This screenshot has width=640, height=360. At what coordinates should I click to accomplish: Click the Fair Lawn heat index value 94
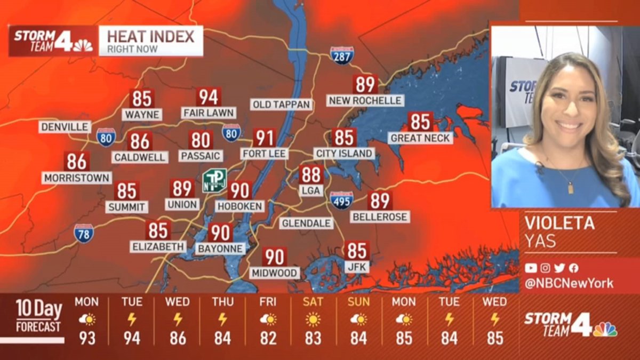209,97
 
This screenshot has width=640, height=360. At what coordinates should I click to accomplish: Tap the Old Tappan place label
281,105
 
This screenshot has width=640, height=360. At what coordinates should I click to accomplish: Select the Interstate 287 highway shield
341,55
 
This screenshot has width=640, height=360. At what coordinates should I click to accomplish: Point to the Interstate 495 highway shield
341,201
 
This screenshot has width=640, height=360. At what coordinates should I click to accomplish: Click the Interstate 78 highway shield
84,233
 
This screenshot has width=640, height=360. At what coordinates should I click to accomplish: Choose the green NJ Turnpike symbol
214,180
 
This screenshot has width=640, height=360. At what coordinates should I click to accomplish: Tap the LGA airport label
311,190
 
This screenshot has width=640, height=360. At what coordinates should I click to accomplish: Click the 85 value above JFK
357,250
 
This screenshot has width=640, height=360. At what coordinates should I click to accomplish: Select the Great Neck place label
421,138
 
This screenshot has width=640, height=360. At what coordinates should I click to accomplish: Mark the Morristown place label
77,178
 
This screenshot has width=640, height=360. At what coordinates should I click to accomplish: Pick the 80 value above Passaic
201,140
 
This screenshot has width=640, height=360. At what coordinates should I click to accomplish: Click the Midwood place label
275,273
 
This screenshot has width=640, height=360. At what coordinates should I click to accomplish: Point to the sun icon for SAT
313,319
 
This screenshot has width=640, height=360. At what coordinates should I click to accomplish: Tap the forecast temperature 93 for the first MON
86,338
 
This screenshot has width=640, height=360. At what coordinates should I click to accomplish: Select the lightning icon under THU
222,319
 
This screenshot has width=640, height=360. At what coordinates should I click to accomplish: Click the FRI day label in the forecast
268,302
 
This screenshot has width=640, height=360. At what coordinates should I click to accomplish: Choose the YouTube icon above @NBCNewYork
531,268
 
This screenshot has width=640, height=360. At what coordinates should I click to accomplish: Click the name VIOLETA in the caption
559,223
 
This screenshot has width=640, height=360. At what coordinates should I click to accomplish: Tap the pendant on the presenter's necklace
570,188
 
